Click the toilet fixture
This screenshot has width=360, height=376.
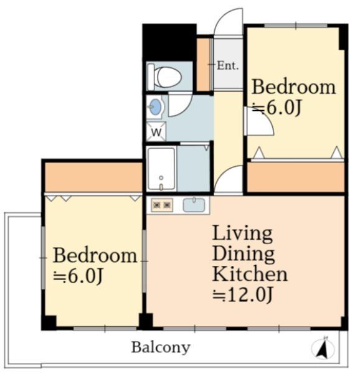(165, 77)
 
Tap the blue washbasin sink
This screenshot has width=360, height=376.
(155, 106)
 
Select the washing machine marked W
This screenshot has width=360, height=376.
(156, 131)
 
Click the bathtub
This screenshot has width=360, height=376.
(161, 169)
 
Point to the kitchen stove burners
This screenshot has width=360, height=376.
(162, 205)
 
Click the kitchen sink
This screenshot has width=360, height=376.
(194, 205)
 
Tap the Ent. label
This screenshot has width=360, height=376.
(228, 65)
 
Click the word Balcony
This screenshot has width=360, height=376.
(161, 347)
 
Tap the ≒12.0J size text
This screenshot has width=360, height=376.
(243, 294)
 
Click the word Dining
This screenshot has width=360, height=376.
(243, 255)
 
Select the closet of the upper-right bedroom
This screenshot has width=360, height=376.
(296, 177)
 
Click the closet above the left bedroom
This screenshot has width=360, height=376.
(93, 177)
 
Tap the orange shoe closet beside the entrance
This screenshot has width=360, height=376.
(204, 65)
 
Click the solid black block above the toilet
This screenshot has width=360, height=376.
(169, 42)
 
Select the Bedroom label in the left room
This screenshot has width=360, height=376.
(95, 256)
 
